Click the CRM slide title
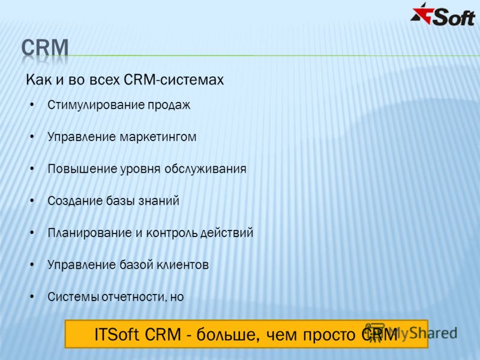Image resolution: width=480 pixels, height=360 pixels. click(45, 48)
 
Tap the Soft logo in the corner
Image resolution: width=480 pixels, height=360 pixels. click(443, 15)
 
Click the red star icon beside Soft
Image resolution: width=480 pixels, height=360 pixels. click(422, 14)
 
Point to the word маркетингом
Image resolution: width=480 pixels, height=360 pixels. click(158, 137)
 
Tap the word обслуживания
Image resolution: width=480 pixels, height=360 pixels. click(205, 169)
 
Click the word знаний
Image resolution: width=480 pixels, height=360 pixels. click(159, 201)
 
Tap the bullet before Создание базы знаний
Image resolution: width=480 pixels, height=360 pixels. click(32, 201)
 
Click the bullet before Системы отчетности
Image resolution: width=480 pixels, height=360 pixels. click(32, 296)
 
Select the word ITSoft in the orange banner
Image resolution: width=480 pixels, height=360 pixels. click(116, 334)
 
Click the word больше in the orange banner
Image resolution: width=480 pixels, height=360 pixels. click(229, 335)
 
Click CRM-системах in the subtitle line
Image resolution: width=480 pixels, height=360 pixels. click(174, 80)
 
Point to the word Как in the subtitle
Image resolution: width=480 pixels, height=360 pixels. click(35, 80)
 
